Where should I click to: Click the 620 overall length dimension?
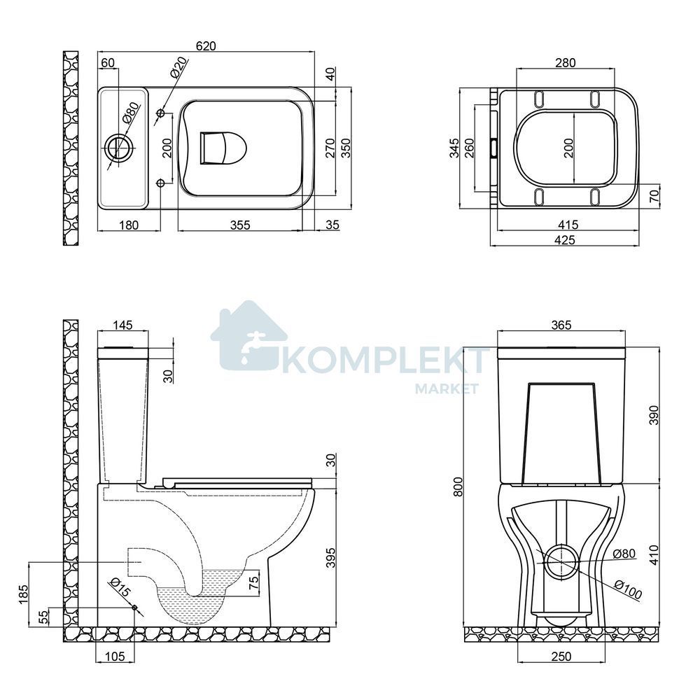[206, 46]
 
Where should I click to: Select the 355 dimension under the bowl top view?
[240, 225]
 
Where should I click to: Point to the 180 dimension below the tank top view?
[129, 225]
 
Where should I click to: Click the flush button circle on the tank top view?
[119, 145]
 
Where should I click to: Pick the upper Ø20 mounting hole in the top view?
[160, 113]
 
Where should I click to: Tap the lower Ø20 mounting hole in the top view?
[160, 183]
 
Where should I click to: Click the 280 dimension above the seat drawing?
[565, 63]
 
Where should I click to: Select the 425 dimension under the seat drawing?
[565, 239]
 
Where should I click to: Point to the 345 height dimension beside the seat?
[454, 148]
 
